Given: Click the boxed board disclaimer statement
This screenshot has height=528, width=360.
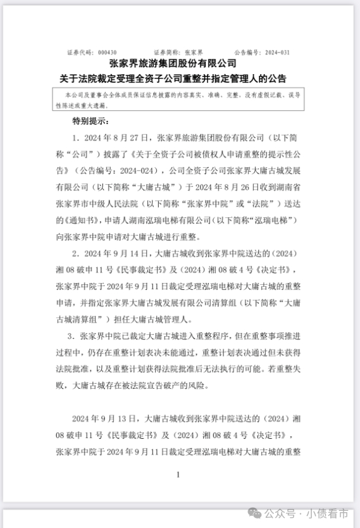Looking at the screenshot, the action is [180, 99].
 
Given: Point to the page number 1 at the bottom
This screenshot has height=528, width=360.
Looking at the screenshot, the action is [179, 474].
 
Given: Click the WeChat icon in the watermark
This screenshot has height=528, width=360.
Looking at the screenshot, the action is [252, 512].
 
